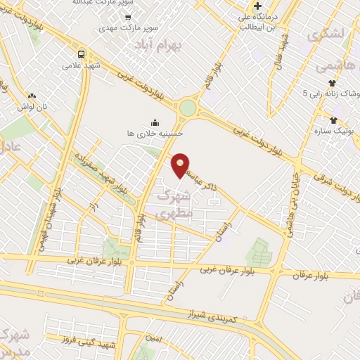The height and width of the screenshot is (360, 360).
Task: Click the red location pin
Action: pyautogui.click(x=181, y=164)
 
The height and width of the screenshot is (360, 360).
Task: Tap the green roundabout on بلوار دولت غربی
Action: pyautogui.click(x=188, y=108)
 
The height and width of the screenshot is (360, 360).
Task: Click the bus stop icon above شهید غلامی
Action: pyautogui.click(x=82, y=53)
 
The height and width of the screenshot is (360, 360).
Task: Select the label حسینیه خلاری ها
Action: pyautogui.click(x=146, y=132)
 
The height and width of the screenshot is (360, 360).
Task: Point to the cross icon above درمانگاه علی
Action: pyautogui.click(x=259, y=6)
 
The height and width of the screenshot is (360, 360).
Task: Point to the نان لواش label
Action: pyautogui.click(x=32, y=105)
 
